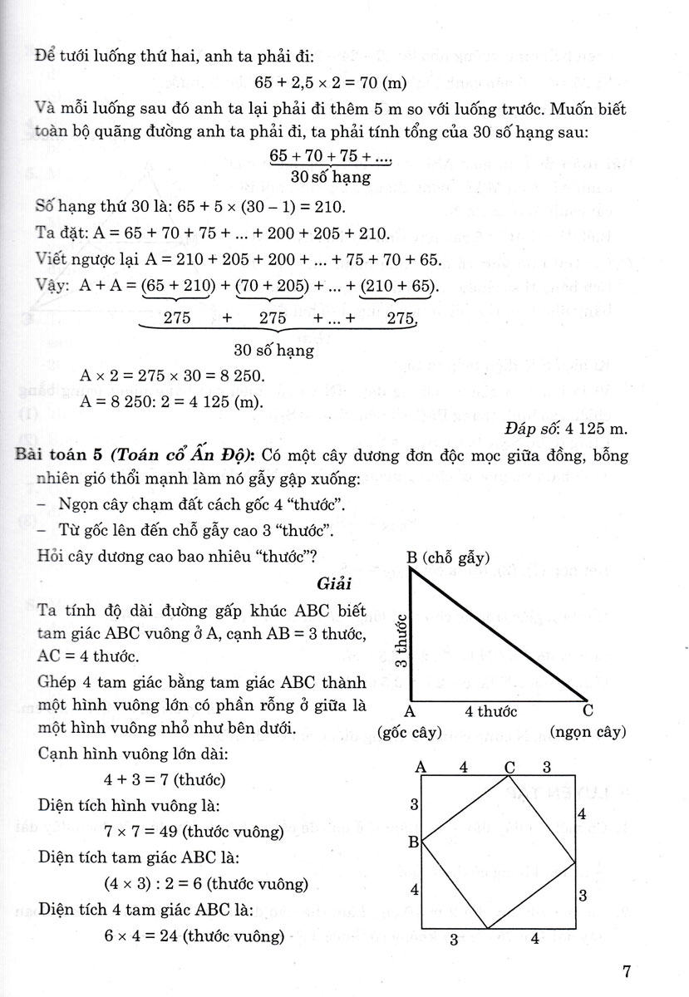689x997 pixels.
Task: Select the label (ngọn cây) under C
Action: pyautogui.click(x=588, y=732)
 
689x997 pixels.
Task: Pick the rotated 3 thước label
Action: pyautogui.click(x=401, y=641)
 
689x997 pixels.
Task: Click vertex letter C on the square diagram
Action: pyautogui.click(x=509, y=766)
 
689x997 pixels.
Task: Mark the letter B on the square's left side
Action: pyautogui.click(x=412, y=841)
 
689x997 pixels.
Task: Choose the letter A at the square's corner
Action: pyautogui.click(x=421, y=766)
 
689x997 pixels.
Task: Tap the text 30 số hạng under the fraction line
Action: pyautogui.click(x=331, y=177)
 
